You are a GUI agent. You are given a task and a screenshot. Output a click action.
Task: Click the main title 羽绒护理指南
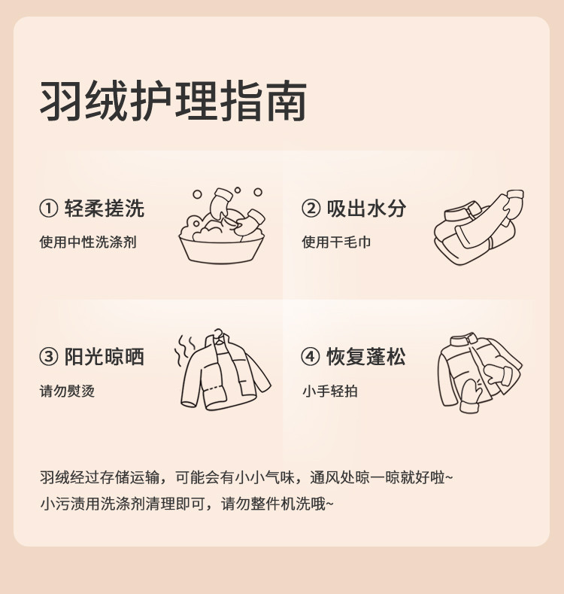173,101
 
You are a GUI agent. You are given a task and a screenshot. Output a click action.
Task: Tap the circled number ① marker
49,208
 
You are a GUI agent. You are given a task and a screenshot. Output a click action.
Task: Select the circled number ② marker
311,208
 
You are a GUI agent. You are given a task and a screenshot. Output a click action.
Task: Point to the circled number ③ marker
49,357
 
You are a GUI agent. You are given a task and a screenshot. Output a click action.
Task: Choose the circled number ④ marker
311,357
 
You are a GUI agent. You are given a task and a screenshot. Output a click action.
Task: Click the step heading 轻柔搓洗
105,208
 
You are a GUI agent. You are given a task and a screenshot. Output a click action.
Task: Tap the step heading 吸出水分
366,208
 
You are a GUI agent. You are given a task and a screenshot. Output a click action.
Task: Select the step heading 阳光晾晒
105,357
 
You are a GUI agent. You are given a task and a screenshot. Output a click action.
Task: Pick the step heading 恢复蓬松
366,357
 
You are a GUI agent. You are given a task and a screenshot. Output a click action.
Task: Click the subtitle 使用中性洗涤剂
88,242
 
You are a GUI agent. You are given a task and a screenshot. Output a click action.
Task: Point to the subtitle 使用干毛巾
336,242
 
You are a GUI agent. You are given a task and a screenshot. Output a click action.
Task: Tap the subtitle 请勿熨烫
67,391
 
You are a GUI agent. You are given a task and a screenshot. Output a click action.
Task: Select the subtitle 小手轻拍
329,391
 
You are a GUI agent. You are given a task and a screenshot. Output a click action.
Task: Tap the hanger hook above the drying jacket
219,334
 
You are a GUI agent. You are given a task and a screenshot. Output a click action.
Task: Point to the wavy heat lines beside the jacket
185,350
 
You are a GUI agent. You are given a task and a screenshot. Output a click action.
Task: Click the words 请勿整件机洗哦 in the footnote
277,504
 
